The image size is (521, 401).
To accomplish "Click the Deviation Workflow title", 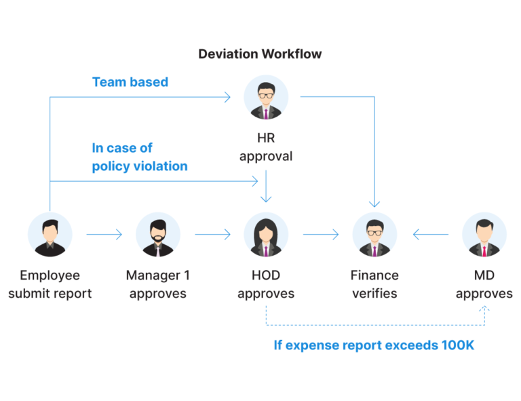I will click(x=260, y=54).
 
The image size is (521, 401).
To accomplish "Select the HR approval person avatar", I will click(x=266, y=98).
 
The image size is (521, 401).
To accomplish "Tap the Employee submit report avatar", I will click(x=50, y=234).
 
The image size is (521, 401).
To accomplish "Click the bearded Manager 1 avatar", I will click(x=157, y=234).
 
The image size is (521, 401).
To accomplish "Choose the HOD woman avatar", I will click(x=266, y=234).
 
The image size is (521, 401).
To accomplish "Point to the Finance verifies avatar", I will click(x=374, y=234).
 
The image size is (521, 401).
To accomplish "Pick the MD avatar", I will click(x=484, y=234).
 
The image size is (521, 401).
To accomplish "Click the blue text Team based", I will click(x=130, y=82).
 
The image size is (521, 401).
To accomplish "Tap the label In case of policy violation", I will click(x=140, y=157).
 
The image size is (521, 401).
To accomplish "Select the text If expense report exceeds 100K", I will click(x=374, y=345).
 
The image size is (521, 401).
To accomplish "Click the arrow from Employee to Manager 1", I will click(x=104, y=235).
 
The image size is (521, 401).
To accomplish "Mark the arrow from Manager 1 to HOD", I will click(x=212, y=235).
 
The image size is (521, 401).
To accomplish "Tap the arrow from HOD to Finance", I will click(x=320, y=235).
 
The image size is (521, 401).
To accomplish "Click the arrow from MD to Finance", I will click(x=431, y=235).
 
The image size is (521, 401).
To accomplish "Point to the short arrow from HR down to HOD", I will click(x=266, y=187).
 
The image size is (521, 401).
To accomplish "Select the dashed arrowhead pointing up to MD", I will click(x=484, y=309).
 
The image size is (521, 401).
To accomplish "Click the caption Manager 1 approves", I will click(x=157, y=284).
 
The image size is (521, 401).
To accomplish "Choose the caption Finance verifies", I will click(x=374, y=284).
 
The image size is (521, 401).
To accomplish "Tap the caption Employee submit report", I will click(x=50, y=284).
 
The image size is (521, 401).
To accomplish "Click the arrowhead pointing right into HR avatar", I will click(x=228, y=97).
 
